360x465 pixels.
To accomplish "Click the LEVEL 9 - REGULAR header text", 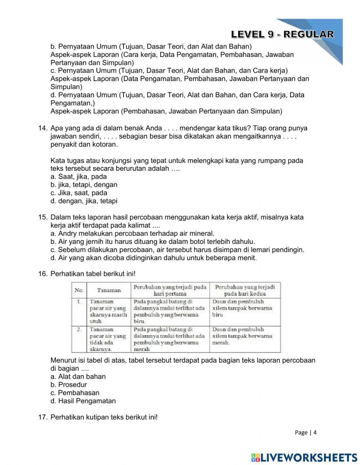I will click(x=282, y=35).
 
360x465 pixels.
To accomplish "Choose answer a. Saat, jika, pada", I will click(x=78, y=176).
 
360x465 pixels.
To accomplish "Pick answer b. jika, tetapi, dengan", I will click(x=84, y=185).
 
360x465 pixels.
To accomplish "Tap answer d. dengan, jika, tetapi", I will click(x=84, y=201).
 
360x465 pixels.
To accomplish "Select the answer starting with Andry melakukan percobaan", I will click(x=132, y=233).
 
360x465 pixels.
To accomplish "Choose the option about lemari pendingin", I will click(x=177, y=250).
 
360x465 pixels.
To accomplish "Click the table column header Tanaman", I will click(x=109, y=290).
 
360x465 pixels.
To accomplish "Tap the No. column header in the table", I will click(x=79, y=290).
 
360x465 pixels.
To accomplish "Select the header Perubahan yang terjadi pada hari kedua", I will click(x=245, y=290).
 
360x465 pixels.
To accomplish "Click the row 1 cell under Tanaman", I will click(x=108, y=311).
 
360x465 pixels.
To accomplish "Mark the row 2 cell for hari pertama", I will click(x=170, y=339).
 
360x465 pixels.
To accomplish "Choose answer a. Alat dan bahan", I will click(x=78, y=376).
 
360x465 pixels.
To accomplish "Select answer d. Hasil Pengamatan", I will click(x=83, y=401).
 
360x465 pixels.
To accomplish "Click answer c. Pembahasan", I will click(x=75, y=393).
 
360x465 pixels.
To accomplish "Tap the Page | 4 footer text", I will click(x=305, y=433).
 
